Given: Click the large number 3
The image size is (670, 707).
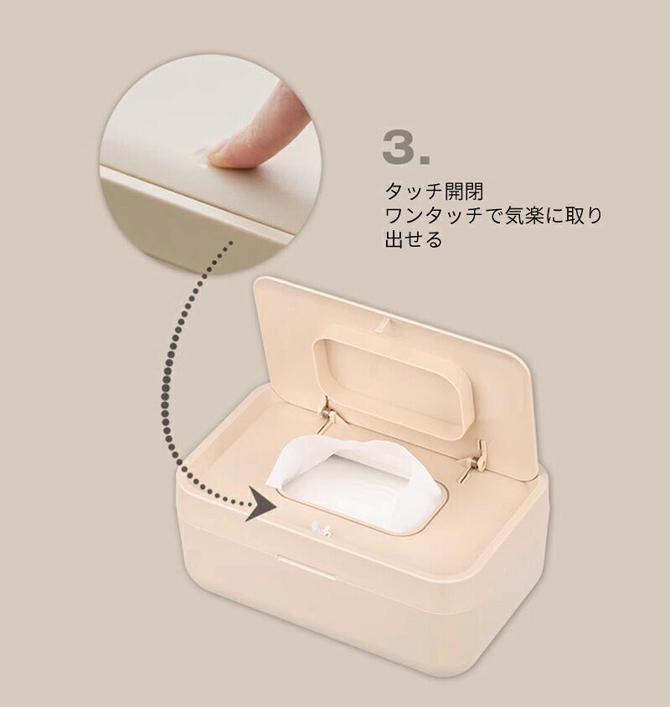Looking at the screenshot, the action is coord(399,147).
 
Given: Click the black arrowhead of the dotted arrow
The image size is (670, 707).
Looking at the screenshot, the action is coord(260,505).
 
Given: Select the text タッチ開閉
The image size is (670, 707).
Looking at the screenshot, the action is coord(434,192).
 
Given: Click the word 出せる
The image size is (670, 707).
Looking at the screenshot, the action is coord(414,239).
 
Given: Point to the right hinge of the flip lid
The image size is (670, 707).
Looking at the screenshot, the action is coord(474,460).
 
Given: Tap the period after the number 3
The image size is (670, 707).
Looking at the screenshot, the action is coord(425,159).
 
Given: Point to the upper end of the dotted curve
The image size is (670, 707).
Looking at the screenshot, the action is coord(230,243).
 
